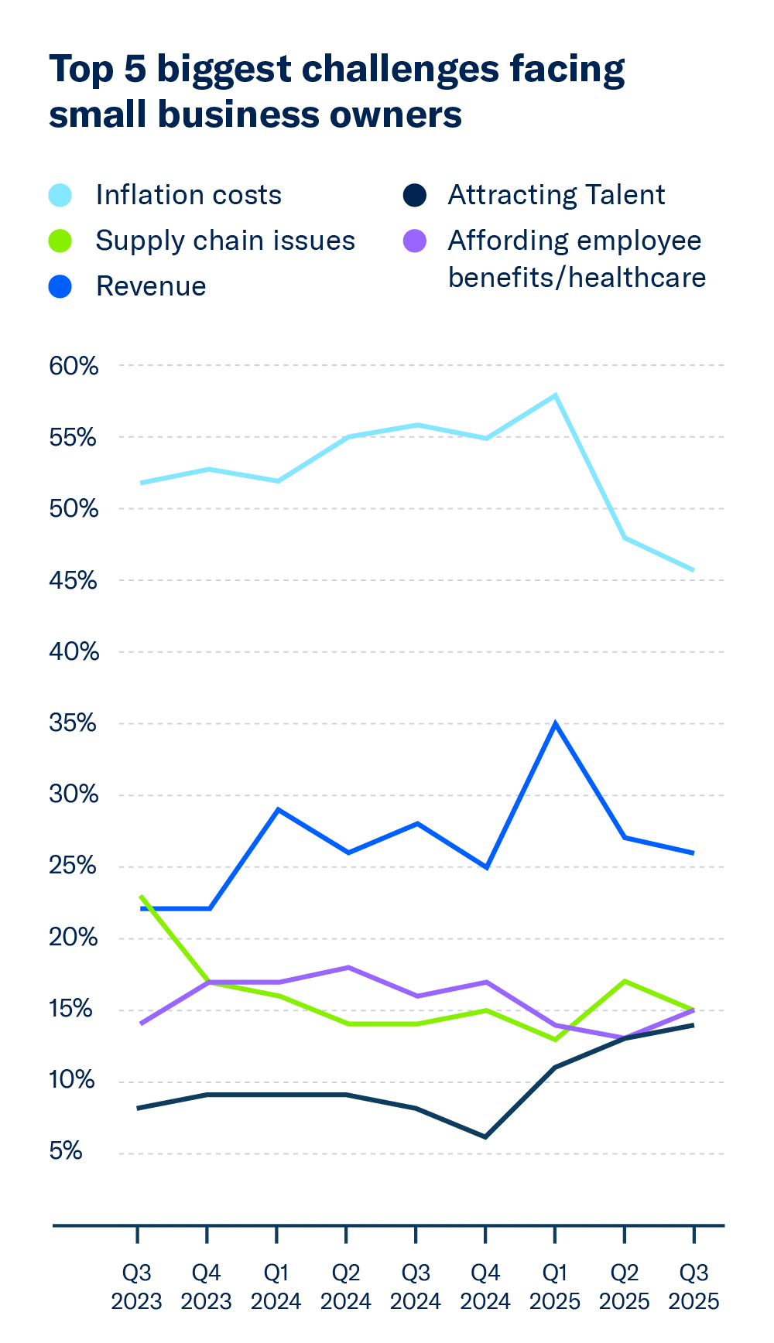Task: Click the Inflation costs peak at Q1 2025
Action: point(555,395)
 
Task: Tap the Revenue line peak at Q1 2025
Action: point(555,724)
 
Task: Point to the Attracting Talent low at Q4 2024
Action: point(485,1136)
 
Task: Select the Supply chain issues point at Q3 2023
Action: point(140,897)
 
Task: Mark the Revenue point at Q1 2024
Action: point(278,810)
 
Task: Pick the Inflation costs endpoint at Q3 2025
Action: point(693,570)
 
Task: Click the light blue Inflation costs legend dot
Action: point(60,195)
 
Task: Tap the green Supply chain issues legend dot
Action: point(60,241)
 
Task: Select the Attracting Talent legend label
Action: point(556,195)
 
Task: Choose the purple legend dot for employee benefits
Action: point(416,241)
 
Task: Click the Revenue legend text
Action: point(151,286)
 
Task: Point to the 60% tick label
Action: point(74,366)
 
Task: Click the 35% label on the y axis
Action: point(74,724)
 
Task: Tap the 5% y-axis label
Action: point(66,1151)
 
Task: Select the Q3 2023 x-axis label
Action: point(136,1286)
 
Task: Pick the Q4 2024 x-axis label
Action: point(485,1286)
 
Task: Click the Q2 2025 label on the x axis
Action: point(624,1286)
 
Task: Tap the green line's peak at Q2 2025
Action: point(624,981)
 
